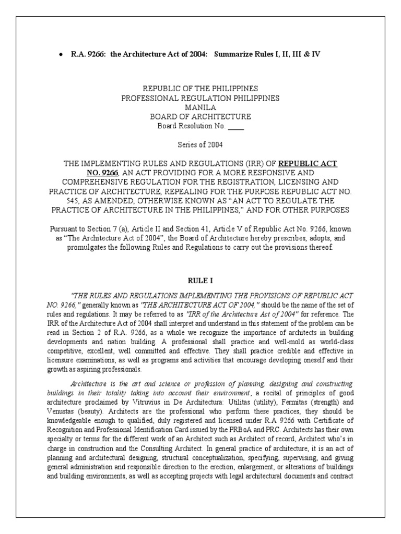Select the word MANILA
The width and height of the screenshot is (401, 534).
click(x=200, y=107)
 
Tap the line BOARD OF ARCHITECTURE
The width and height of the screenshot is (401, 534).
click(x=200, y=116)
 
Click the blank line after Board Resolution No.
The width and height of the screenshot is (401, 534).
click(x=236, y=126)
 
